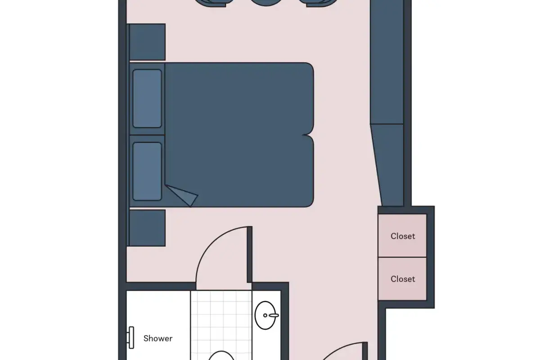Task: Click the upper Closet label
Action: pos(403,236)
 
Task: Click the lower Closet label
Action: pos(403,279)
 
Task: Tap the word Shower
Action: pos(158,338)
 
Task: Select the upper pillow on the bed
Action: pos(147,99)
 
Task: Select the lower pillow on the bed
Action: pos(147,171)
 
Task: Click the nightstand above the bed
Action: pos(147,42)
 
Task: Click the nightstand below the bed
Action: pos(147,228)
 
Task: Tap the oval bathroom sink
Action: pos(265,315)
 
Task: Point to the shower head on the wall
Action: pos(131,337)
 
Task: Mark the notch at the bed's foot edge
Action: pos(308,135)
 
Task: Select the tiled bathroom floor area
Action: pos(221,325)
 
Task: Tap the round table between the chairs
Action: pos(266,2)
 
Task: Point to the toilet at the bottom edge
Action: pos(221,355)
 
